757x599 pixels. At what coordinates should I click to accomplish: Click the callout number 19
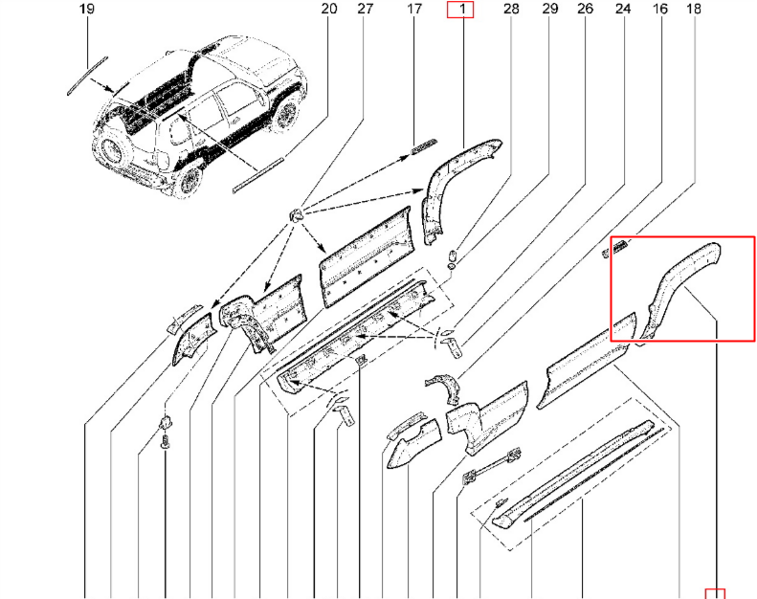click(x=87, y=10)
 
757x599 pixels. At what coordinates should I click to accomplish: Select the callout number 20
click(x=329, y=10)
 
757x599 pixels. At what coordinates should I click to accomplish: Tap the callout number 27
click(x=366, y=10)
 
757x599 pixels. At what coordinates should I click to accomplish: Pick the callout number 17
click(x=414, y=10)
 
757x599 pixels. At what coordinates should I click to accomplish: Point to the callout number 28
click(x=511, y=10)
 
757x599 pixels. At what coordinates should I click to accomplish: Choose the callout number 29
click(x=549, y=10)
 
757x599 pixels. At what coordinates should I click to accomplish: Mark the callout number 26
click(x=585, y=10)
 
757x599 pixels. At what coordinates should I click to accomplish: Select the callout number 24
click(x=623, y=10)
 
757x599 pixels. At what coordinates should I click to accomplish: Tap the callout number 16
click(x=659, y=10)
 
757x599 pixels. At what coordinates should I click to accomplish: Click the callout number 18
click(x=693, y=10)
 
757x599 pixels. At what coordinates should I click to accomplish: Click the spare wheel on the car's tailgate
click(x=113, y=149)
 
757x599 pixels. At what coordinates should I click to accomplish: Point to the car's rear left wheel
click(x=189, y=181)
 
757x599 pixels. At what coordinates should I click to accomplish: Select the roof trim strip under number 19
click(x=87, y=77)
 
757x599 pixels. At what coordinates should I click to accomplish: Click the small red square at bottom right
click(x=715, y=593)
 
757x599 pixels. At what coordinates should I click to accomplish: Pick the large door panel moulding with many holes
click(x=367, y=257)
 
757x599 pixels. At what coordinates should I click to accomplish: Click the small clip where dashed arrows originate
click(x=295, y=213)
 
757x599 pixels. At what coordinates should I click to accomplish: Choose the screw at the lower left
click(x=166, y=441)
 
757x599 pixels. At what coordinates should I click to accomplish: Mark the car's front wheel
click(x=286, y=113)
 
